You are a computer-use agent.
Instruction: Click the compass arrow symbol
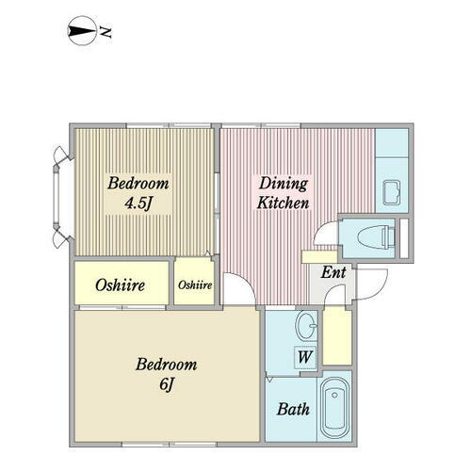[x=82, y=34]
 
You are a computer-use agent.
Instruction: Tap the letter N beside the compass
[x=106, y=34]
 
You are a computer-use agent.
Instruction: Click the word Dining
[x=284, y=184]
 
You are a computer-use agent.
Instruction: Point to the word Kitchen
[x=284, y=203]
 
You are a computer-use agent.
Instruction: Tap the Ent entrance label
[x=333, y=273]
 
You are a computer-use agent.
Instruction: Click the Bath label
[x=293, y=410]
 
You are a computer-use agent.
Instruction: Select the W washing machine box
[x=304, y=357]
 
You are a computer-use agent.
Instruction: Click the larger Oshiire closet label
[x=120, y=284]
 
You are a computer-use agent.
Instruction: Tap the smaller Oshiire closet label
[x=195, y=284]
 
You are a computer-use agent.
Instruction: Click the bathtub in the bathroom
[x=335, y=410]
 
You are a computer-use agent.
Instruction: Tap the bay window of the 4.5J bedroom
[x=58, y=195]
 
